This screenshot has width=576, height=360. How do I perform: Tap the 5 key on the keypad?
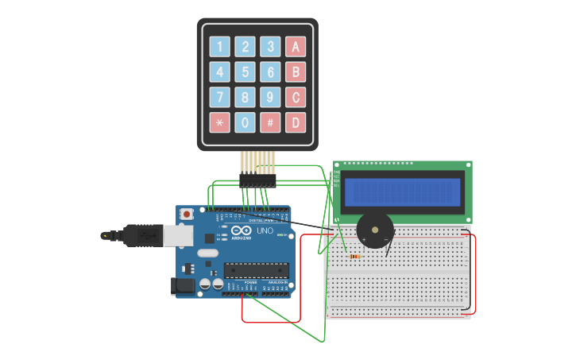pyautogui.click(x=245, y=72)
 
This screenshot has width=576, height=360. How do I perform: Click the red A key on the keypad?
pyautogui.click(x=296, y=47)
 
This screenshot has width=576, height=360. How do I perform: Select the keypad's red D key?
pyautogui.click(x=296, y=122)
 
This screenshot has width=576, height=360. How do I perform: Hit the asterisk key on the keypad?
pyautogui.click(x=220, y=122)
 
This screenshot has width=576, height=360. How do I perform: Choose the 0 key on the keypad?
pyautogui.click(x=245, y=122)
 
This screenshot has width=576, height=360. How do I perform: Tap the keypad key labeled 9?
pyautogui.click(x=271, y=98)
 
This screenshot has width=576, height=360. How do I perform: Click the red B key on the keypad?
pyautogui.click(x=296, y=72)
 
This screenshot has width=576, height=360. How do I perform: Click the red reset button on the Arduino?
pyautogui.click(x=187, y=214)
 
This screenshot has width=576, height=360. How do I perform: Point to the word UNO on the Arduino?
pyautogui.click(x=265, y=231)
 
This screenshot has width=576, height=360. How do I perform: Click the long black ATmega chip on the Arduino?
pyautogui.click(x=255, y=270)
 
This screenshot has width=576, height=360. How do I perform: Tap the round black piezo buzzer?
pyautogui.click(x=374, y=230)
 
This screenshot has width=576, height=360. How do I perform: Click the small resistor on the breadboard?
pyautogui.click(x=354, y=256)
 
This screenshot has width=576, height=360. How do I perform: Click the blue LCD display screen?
pyautogui.click(x=402, y=192)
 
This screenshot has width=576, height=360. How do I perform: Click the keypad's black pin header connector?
pyautogui.click(x=257, y=182)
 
